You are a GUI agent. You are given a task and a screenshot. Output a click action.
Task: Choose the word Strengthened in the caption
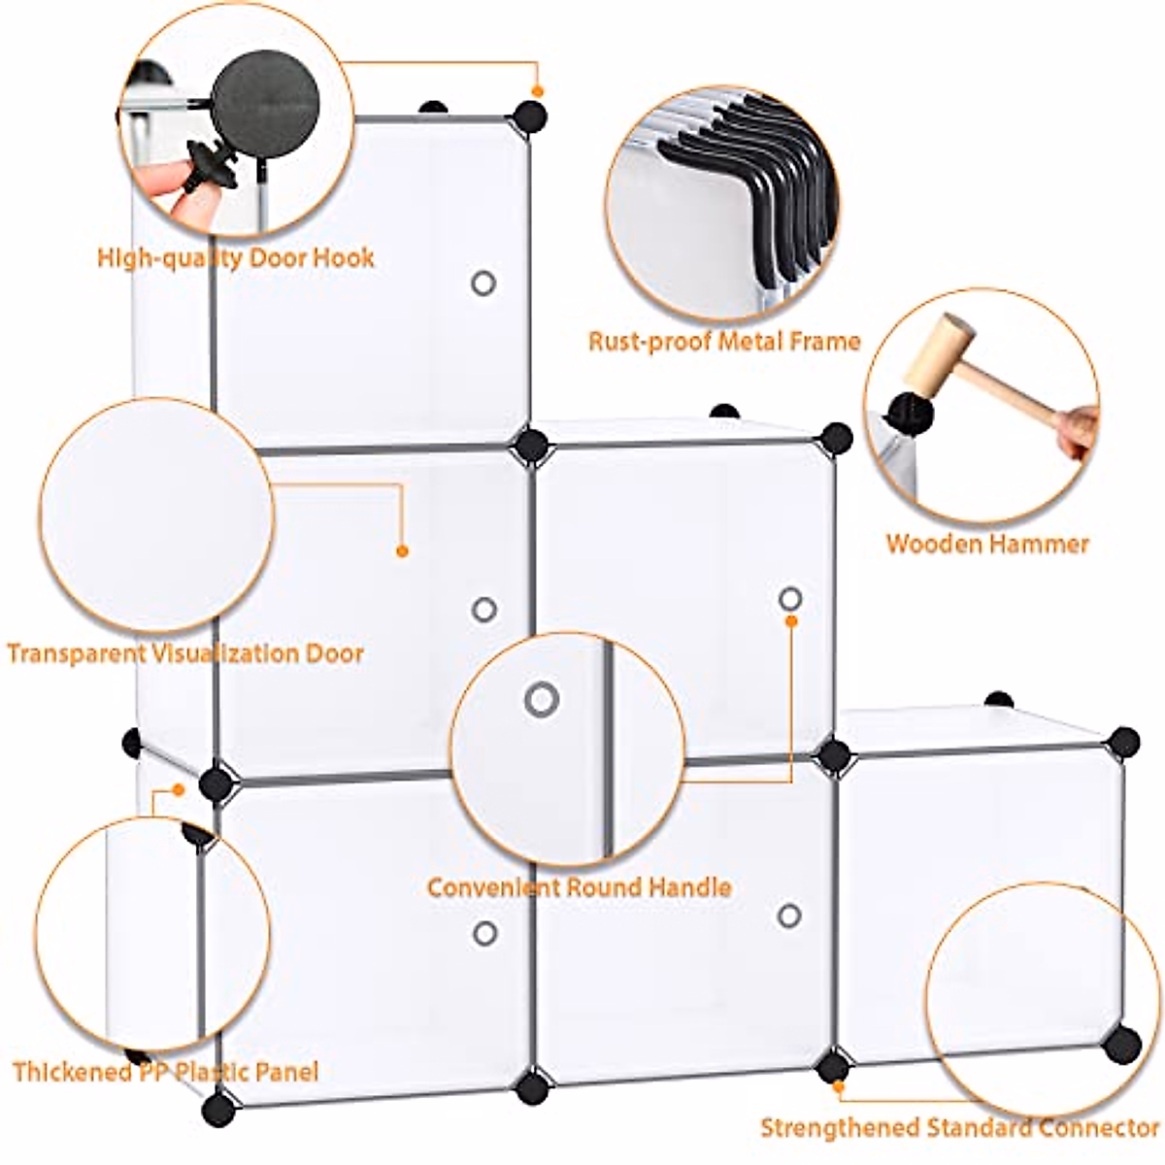click(x=838, y=1128)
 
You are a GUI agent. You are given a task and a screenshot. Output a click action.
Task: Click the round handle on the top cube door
click(x=483, y=283)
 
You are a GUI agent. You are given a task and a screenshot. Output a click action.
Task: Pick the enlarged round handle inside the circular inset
click(x=541, y=699)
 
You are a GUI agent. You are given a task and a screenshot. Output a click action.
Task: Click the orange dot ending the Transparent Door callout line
click(x=402, y=551)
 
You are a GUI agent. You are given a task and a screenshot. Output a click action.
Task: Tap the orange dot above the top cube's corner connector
click(x=537, y=91)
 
